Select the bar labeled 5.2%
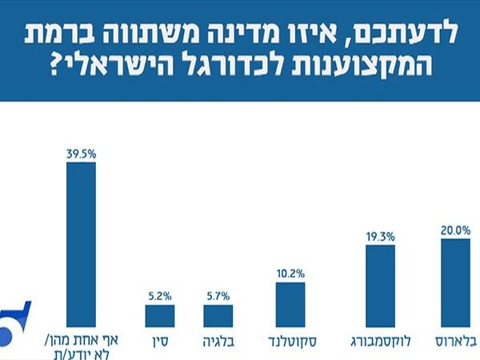159,315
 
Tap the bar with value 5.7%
218,315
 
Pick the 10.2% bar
290,305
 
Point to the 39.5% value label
80,153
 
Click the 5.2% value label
159,295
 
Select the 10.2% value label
290,273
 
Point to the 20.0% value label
455,230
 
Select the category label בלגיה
218,342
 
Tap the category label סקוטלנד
291,342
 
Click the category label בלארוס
456,342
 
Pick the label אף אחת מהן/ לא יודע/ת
80,346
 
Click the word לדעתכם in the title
417,34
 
